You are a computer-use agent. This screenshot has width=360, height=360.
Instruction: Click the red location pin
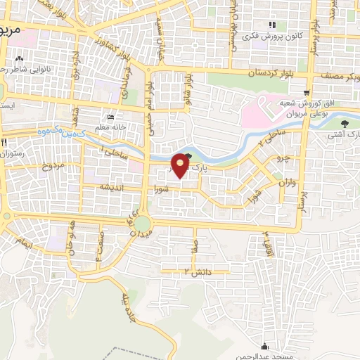[180, 165]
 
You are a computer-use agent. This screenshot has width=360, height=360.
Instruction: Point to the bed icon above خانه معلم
[110, 117]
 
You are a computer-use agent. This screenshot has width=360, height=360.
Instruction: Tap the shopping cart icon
[306, 92]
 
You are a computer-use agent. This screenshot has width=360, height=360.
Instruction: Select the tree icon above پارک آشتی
[343, 124]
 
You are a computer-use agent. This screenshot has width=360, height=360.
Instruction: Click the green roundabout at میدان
[143, 224]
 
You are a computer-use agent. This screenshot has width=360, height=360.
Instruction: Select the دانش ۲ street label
[198, 271]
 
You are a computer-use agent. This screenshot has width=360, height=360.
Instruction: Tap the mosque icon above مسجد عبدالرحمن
[264, 345]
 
